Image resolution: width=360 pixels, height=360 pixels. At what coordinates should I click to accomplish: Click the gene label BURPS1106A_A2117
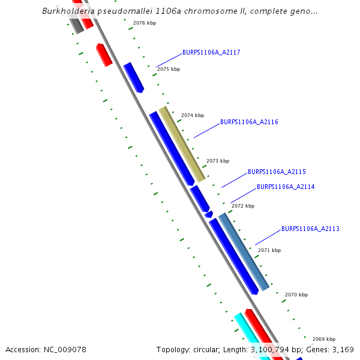211,53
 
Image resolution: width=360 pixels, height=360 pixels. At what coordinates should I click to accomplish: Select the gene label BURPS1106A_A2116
249,122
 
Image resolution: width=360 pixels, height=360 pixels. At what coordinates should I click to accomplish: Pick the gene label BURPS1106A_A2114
286,187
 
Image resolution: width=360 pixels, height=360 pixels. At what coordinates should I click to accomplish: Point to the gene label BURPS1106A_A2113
310,229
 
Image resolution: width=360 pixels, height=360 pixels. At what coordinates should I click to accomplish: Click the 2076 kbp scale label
145,23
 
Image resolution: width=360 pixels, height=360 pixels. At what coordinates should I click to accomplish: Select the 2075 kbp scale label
169,70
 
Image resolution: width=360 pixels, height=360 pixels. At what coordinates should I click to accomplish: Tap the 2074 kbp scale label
193,115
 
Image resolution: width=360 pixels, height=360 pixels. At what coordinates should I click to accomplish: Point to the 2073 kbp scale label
218,161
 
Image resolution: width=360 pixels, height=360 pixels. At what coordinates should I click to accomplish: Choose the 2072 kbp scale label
243,206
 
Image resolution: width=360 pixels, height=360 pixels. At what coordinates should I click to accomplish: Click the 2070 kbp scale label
296,295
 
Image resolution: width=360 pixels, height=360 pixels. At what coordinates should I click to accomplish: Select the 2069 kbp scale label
324,339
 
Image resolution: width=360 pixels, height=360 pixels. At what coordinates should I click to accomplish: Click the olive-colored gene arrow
182,144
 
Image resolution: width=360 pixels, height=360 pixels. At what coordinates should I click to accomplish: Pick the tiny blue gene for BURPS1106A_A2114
209,214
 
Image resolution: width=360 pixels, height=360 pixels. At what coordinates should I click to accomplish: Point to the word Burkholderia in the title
66,11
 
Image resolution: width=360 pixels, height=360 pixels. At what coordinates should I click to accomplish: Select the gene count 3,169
342,349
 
